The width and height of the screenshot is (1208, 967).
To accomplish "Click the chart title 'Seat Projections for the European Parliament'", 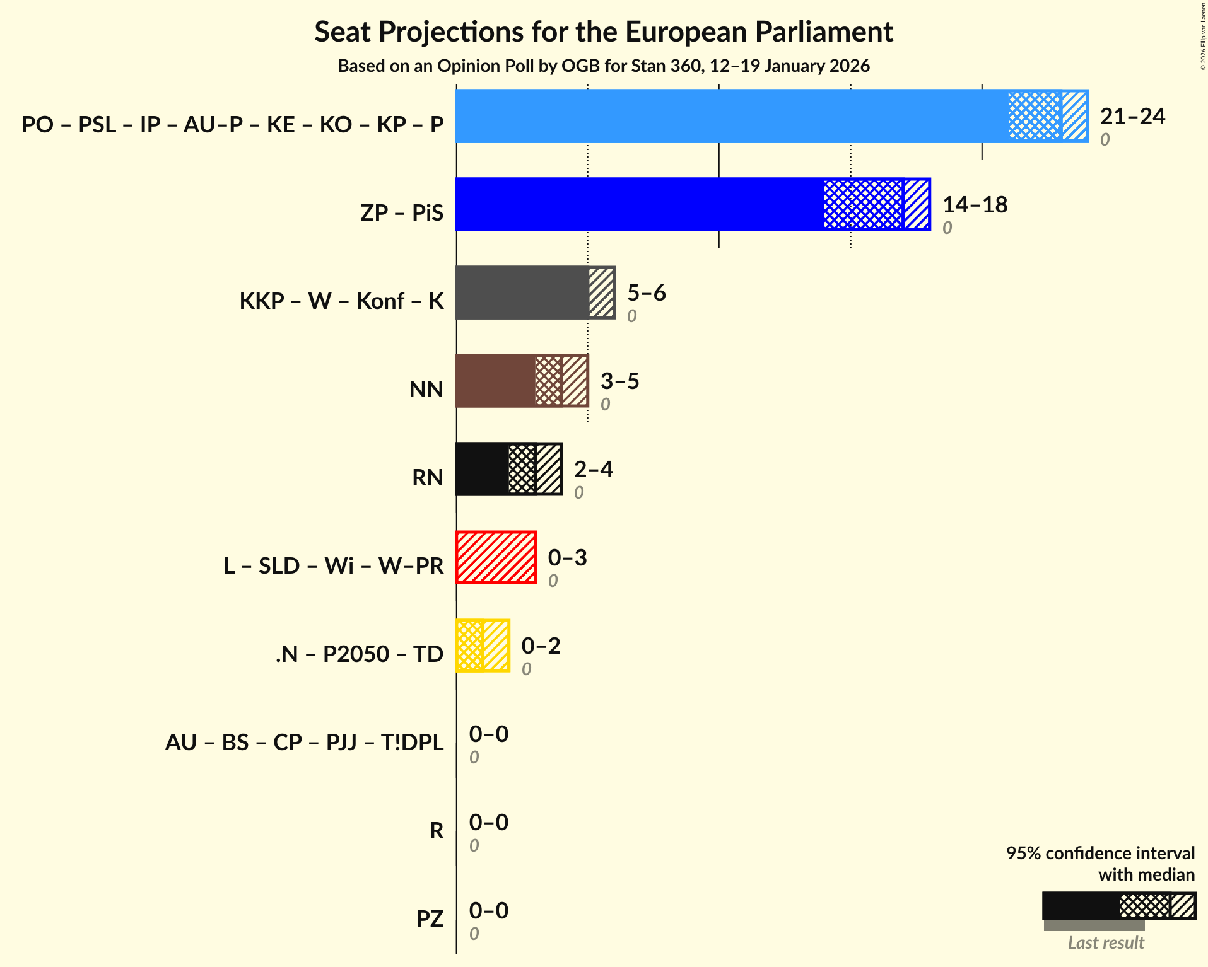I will pyautogui.click(x=604, y=32).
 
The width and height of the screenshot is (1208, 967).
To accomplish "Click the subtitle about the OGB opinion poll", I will pyautogui.click(x=604, y=66).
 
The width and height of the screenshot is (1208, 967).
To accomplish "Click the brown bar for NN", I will pyautogui.click(x=495, y=381).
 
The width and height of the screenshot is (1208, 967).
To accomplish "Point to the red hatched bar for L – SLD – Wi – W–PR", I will pyautogui.click(x=496, y=557).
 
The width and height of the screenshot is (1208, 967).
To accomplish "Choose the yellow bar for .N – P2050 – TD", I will pyautogui.click(x=483, y=646).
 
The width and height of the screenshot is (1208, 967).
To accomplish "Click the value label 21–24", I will pyautogui.click(x=1132, y=117).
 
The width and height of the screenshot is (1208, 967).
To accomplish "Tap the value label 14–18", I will pyautogui.click(x=975, y=205).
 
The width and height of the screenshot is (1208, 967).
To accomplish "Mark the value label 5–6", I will pyautogui.click(x=646, y=293).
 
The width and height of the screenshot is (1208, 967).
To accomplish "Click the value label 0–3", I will pyautogui.click(x=567, y=558).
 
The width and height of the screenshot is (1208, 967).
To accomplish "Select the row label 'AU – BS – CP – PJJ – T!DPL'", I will pyautogui.click(x=304, y=742).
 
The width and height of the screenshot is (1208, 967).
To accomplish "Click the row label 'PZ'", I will pyautogui.click(x=430, y=918).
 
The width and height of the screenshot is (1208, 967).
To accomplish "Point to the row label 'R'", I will pyautogui.click(x=437, y=830).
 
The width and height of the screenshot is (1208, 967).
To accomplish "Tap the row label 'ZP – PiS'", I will pyautogui.click(x=402, y=212).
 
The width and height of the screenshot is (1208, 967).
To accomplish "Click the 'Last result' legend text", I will pyautogui.click(x=1105, y=942).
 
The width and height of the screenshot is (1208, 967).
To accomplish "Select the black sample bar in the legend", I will pyautogui.click(x=1080, y=906).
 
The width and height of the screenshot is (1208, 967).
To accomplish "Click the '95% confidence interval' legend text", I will pyautogui.click(x=1100, y=853).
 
